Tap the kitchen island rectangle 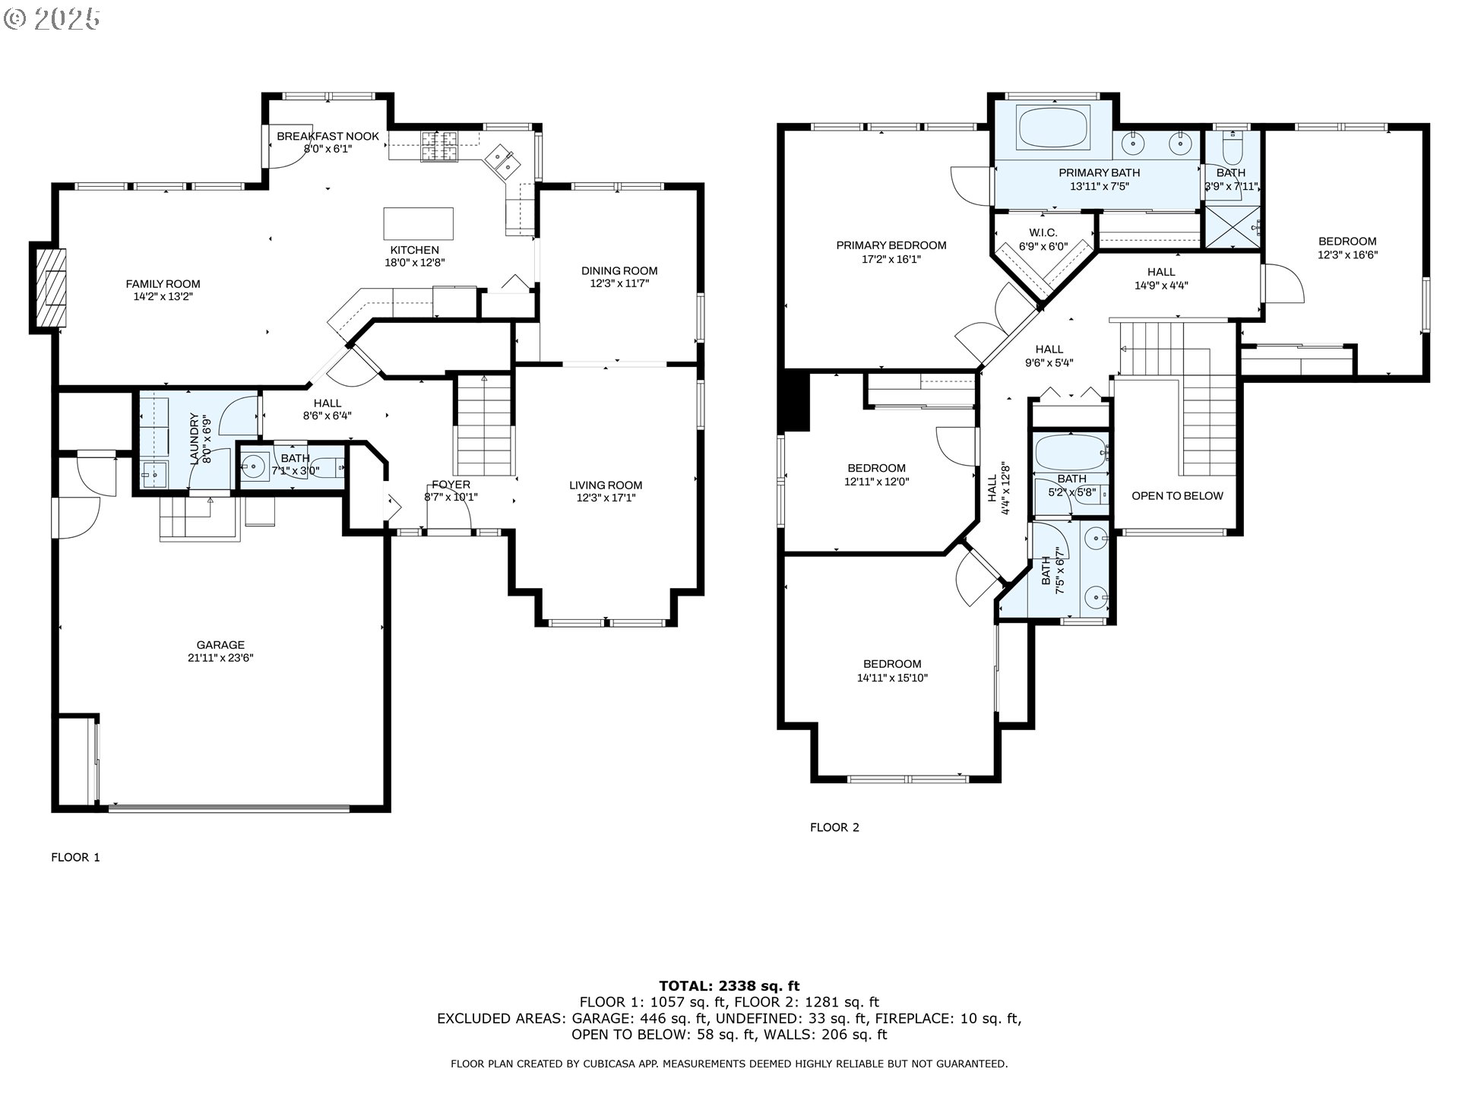point(418,223)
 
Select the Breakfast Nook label point(328,137)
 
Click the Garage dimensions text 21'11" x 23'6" point(220,658)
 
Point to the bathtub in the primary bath point(1053,126)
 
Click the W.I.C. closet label point(1043,233)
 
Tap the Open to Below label point(1177,496)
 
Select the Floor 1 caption point(75,857)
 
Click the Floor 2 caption point(834,827)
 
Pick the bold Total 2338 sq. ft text point(729,986)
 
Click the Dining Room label point(619,270)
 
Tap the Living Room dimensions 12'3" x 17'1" point(606,498)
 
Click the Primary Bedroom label point(891,245)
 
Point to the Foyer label point(451,485)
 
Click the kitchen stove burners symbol point(441,147)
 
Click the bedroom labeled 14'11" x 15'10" point(892,671)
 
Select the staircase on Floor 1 point(484,425)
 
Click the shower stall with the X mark point(1233,226)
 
